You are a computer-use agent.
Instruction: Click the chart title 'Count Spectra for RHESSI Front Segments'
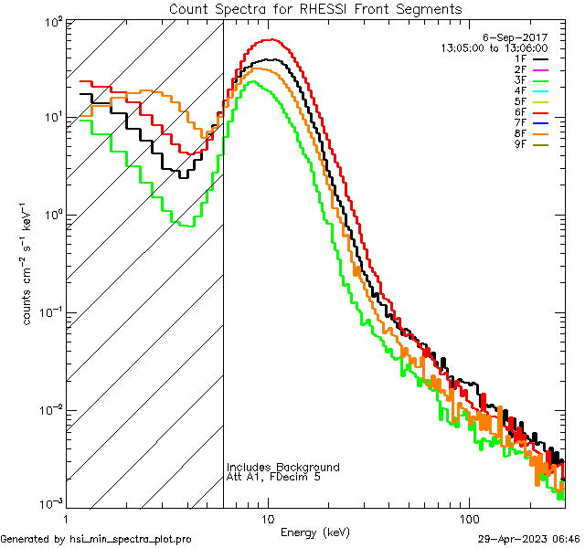[x=314, y=8]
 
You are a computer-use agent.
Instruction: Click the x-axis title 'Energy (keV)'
[x=314, y=532]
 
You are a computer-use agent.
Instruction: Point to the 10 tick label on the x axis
[x=268, y=518]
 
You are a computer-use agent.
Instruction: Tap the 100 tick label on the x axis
[x=469, y=518]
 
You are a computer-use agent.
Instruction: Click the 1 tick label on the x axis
[x=67, y=518]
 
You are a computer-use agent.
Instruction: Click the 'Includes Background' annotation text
[x=282, y=468]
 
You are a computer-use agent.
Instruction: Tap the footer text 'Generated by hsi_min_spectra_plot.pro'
[x=96, y=539]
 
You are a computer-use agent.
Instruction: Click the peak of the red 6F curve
[x=271, y=39]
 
